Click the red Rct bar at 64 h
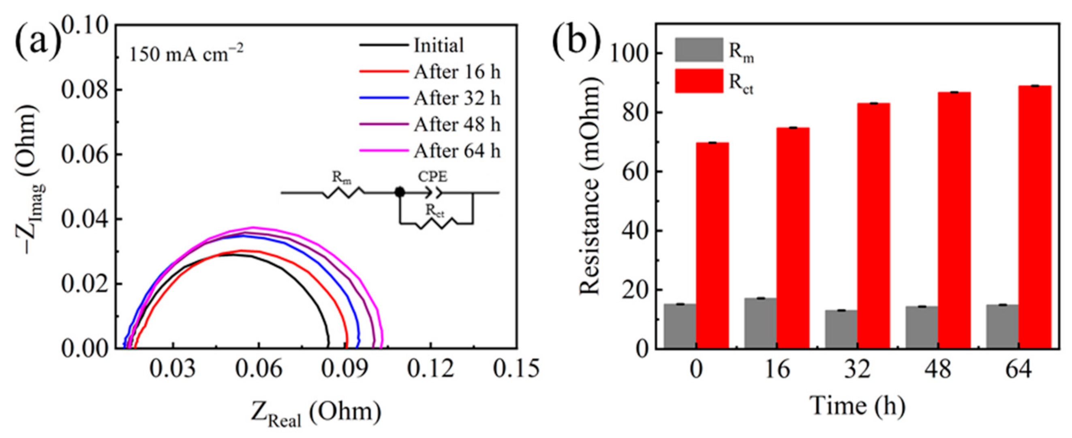pyautogui.click(x=1035, y=217)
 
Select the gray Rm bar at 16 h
pyautogui.click(x=760, y=323)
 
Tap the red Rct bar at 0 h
pyautogui.click(x=712, y=245)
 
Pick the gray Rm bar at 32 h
pyautogui.click(x=841, y=329)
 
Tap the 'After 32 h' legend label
pyautogui.click(x=456, y=98)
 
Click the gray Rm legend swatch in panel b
pyautogui.click(x=699, y=50)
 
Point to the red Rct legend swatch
pyautogui.click(x=699, y=81)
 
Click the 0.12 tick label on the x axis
pyautogui.click(x=430, y=369)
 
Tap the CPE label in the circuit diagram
pyautogui.click(x=432, y=177)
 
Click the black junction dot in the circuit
pyautogui.click(x=400, y=192)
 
